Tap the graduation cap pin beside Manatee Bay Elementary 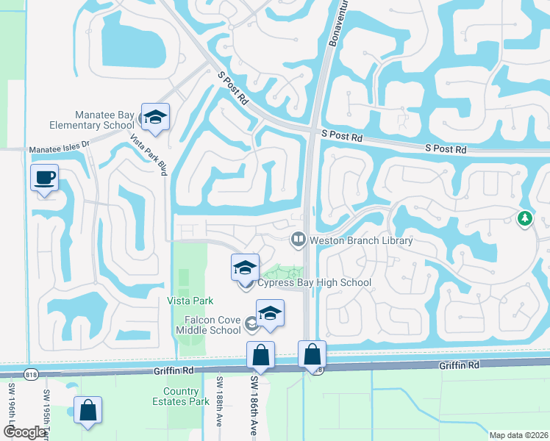156,118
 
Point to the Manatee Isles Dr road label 59,149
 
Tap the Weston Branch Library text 361,240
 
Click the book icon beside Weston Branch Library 299,238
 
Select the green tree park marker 524,218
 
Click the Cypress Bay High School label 314,282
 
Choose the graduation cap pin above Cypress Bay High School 245,268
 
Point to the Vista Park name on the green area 190,301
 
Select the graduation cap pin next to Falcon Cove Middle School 270,314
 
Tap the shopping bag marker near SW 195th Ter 87,412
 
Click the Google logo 24,433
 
